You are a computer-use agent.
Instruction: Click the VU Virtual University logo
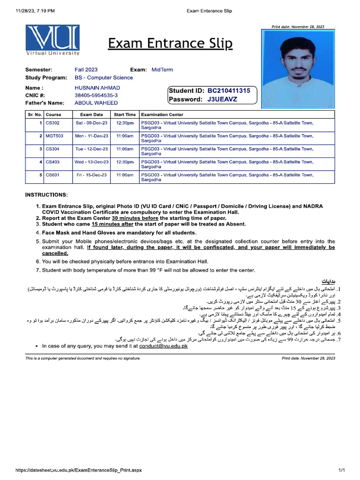point(52,41)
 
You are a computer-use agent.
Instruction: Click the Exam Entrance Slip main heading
point(170,44)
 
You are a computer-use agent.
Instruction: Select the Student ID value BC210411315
point(229,91)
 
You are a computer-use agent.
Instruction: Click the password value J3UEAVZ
point(222,99)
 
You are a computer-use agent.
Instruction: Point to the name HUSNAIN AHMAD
point(97,88)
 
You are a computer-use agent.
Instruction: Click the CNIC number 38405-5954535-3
point(96,95)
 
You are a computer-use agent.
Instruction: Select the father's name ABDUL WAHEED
point(96,103)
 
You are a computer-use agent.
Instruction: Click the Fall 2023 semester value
point(86,70)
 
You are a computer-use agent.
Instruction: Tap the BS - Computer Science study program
point(104,78)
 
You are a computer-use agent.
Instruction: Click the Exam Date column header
point(91,114)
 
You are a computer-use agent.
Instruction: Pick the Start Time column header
point(125,114)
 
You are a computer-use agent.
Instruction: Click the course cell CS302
point(52,123)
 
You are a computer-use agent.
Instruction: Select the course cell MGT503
point(54,136)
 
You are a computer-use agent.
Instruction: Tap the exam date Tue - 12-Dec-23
point(92,149)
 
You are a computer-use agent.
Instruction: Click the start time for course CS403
point(125,162)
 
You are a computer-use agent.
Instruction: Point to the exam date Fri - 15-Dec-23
point(92,175)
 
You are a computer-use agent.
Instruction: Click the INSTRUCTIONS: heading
point(46,195)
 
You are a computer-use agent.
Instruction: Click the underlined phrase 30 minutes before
point(135,218)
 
